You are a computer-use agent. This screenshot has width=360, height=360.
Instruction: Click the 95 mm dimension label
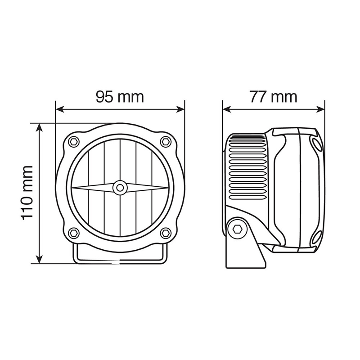pyautogui.click(x=120, y=97)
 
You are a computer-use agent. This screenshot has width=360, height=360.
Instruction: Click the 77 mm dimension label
pyautogui.click(x=274, y=97)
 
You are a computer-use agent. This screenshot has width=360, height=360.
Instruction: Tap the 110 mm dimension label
pyautogui.click(x=27, y=193)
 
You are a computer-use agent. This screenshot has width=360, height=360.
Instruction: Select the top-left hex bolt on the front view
pyautogui.click(x=74, y=141)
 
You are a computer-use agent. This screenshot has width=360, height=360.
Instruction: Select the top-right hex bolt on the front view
pyautogui.click(x=165, y=141)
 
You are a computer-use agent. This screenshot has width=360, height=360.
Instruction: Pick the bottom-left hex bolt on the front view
pyautogui.click(x=74, y=233)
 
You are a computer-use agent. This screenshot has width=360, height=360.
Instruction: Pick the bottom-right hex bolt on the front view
pyautogui.click(x=165, y=233)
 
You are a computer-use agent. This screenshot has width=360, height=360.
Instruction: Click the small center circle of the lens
pyautogui.click(x=120, y=188)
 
